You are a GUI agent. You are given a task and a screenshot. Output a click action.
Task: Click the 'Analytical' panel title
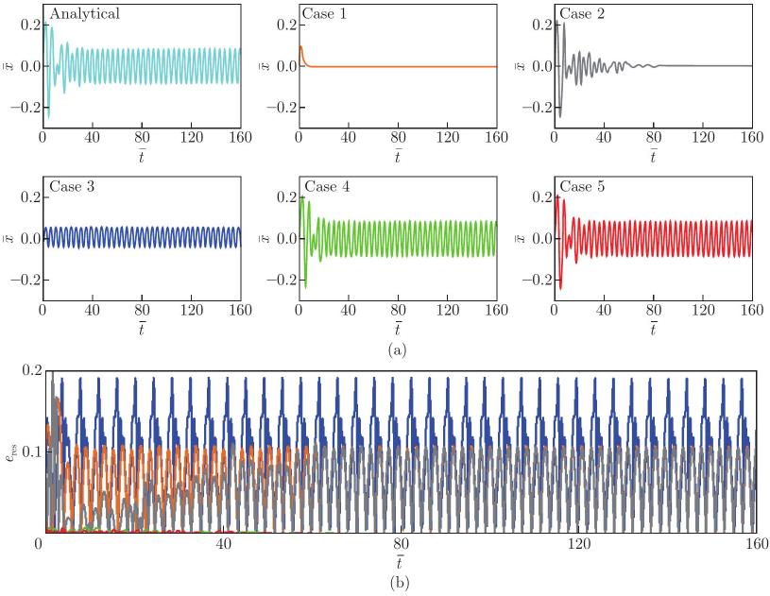click(x=84, y=14)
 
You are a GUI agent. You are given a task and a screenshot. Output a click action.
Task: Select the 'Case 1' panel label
click(x=325, y=14)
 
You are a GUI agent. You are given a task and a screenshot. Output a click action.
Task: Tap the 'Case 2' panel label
click(x=582, y=14)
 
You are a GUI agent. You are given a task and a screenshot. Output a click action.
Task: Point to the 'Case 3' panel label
click(x=72, y=187)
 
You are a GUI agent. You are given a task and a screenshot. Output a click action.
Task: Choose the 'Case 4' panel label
click(x=327, y=187)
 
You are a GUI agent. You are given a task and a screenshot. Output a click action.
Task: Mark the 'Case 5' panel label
click(x=582, y=187)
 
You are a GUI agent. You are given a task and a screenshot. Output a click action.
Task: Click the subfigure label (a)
click(x=397, y=350)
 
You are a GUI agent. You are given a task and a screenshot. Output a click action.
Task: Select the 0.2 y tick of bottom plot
click(x=32, y=370)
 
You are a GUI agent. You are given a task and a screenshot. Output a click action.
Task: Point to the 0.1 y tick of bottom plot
click(x=32, y=451)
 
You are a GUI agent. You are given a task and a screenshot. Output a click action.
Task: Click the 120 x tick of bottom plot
click(x=579, y=544)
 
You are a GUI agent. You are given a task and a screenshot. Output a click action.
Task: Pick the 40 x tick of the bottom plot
click(x=223, y=544)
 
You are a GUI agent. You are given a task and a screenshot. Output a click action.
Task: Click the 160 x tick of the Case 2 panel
click(x=752, y=137)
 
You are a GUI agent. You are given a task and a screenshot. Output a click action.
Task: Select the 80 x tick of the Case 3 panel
click(x=142, y=310)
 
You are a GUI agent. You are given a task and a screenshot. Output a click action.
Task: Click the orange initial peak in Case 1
click(x=300, y=46)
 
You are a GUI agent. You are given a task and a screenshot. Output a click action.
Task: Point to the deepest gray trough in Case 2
click(x=560, y=116)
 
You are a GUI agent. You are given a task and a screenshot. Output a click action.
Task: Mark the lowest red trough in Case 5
click(x=560, y=289)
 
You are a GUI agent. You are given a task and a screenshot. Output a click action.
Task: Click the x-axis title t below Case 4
click(x=397, y=328)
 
